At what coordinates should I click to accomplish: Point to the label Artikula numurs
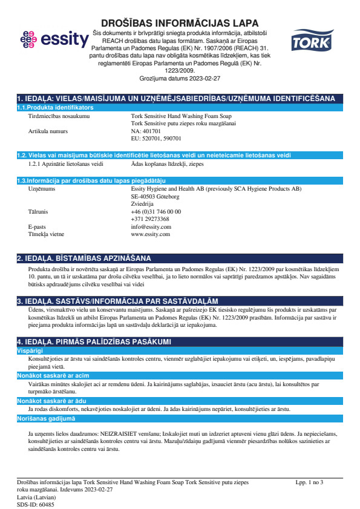click(x=48, y=131)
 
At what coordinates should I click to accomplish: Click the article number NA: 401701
click(x=146, y=131)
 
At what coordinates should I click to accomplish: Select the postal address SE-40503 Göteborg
click(x=155, y=197)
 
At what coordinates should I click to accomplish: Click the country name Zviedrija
click(x=143, y=204)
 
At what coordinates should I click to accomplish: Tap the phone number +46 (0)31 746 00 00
click(x=155, y=211)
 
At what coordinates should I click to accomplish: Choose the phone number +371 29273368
click(x=150, y=218)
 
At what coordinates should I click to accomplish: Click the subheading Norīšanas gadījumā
click(x=46, y=418)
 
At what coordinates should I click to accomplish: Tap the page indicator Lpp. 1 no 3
click(x=309, y=482)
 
